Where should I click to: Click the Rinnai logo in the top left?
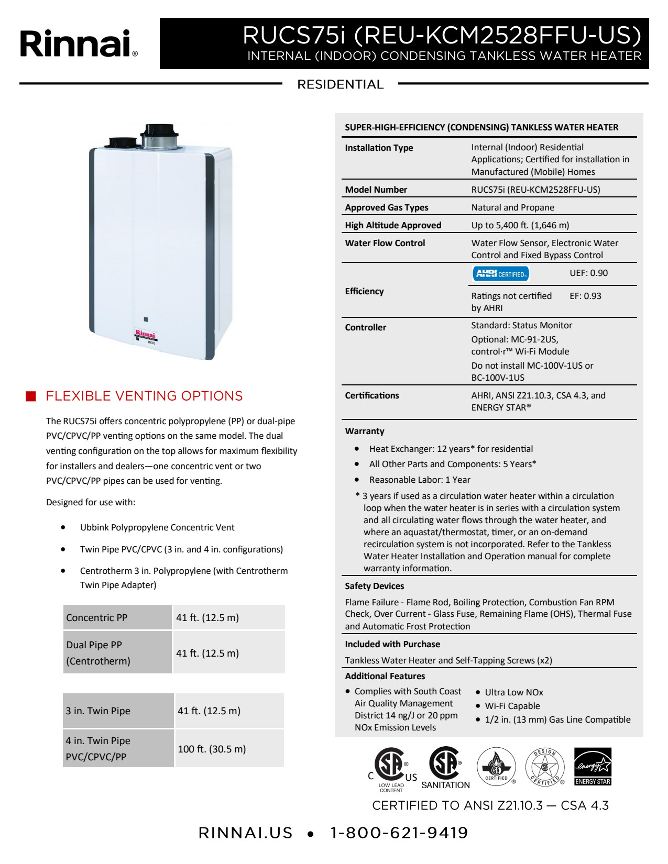[x=79, y=43]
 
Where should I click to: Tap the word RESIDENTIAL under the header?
[x=340, y=84]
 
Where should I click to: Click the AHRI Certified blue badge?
[x=501, y=274]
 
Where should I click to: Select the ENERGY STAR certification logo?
[x=593, y=767]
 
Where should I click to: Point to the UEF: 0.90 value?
[x=588, y=273]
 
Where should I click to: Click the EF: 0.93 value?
[x=585, y=296]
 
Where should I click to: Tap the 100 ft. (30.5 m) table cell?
[x=212, y=749]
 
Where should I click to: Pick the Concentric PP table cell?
[x=97, y=617]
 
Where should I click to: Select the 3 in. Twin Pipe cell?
[x=98, y=711]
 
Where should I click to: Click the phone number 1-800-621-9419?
[x=399, y=833]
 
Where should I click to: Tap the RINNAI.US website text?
[x=245, y=833]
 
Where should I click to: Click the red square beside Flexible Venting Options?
[x=31, y=396]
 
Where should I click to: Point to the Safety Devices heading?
[x=374, y=586]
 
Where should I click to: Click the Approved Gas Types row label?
[x=387, y=207]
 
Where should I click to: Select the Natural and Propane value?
[x=512, y=207]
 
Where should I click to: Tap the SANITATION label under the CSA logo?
[x=445, y=785]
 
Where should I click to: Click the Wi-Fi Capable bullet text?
[x=512, y=706]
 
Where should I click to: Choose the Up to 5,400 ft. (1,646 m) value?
[x=520, y=225]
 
